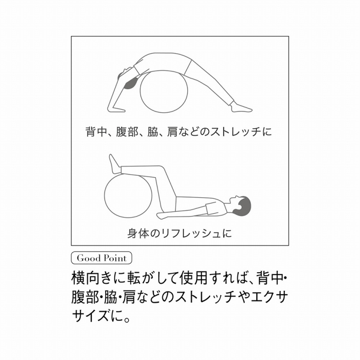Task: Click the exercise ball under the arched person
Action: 164,92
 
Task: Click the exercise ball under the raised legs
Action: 128,196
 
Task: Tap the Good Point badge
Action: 101,258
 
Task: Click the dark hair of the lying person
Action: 244,204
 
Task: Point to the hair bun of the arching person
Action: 131,84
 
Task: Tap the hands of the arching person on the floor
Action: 116,109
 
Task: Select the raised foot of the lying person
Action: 114,164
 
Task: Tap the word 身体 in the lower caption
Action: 138,233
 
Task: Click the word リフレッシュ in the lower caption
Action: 191,234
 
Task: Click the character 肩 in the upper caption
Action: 172,132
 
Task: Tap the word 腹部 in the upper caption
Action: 127,132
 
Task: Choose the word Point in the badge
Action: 114,258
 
